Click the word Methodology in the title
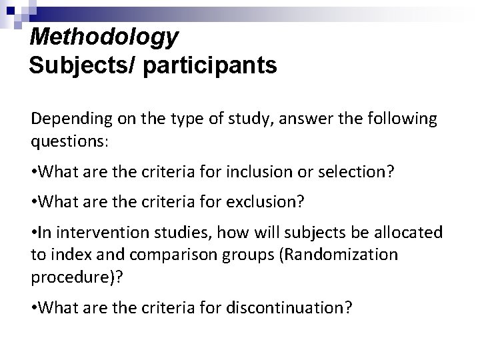(104, 36)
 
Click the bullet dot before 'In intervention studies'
(33, 232)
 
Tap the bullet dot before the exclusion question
(33, 201)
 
